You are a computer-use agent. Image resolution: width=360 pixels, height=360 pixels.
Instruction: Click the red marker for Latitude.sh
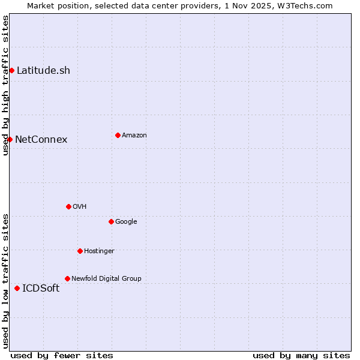pos(11,70)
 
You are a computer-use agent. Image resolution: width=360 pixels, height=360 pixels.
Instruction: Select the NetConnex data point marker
pos(10,139)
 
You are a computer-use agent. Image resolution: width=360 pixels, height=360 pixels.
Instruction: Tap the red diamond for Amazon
pos(118,135)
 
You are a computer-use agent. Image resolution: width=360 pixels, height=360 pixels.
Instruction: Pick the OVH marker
pos(68,206)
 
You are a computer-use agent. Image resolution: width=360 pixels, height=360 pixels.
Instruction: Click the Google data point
pos(111,221)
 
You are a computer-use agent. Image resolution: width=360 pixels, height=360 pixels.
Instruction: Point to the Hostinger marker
pos(80,251)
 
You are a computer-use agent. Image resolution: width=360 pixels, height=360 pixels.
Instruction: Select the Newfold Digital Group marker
pos(67,278)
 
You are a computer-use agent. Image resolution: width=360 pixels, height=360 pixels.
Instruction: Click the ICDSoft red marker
pos(17,288)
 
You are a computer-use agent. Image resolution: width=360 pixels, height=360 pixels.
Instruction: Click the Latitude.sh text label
pos(43,70)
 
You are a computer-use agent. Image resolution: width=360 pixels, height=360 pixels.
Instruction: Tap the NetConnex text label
pos(41,139)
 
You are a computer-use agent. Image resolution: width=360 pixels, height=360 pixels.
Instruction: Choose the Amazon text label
pos(134,135)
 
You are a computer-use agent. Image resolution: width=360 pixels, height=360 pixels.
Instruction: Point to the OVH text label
pos(79,206)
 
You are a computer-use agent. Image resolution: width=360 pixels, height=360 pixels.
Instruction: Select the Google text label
pos(126,221)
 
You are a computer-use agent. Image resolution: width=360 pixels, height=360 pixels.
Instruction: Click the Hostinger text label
pos(99,251)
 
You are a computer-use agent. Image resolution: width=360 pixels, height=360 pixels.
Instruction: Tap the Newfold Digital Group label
pos(106,278)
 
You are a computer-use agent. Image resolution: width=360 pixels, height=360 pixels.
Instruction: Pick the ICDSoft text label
pos(41,288)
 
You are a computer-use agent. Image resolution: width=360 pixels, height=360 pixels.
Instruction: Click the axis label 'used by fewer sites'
pos(62,355)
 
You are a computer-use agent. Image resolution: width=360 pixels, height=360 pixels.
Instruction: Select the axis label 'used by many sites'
pos(301,355)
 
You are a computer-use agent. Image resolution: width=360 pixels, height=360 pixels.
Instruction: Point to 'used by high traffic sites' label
pos(5,85)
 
